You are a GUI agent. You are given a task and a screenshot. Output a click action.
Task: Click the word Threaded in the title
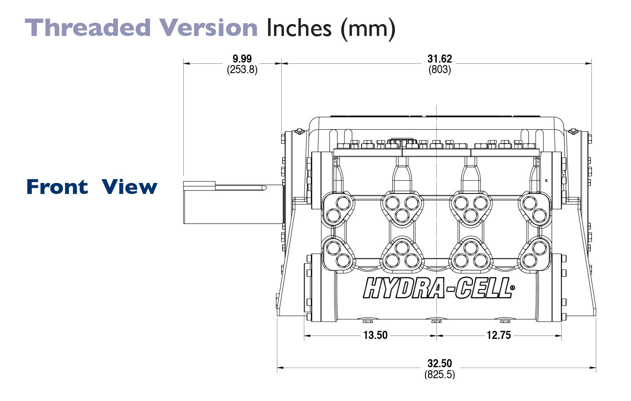point(88,27)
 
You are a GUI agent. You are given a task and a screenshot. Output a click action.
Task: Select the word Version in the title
point(209,27)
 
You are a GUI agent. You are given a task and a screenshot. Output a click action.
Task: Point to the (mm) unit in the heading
point(368,29)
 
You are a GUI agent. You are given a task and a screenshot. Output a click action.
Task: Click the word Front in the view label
point(57,186)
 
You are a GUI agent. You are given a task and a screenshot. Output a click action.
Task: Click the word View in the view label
point(129,186)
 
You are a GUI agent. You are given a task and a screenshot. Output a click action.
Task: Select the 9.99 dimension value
point(242,59)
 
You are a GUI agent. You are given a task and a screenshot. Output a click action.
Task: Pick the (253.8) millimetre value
point(242,70)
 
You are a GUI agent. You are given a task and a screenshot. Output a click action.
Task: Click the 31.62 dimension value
point(439,59)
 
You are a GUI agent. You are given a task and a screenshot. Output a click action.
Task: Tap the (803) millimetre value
point(439,70)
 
